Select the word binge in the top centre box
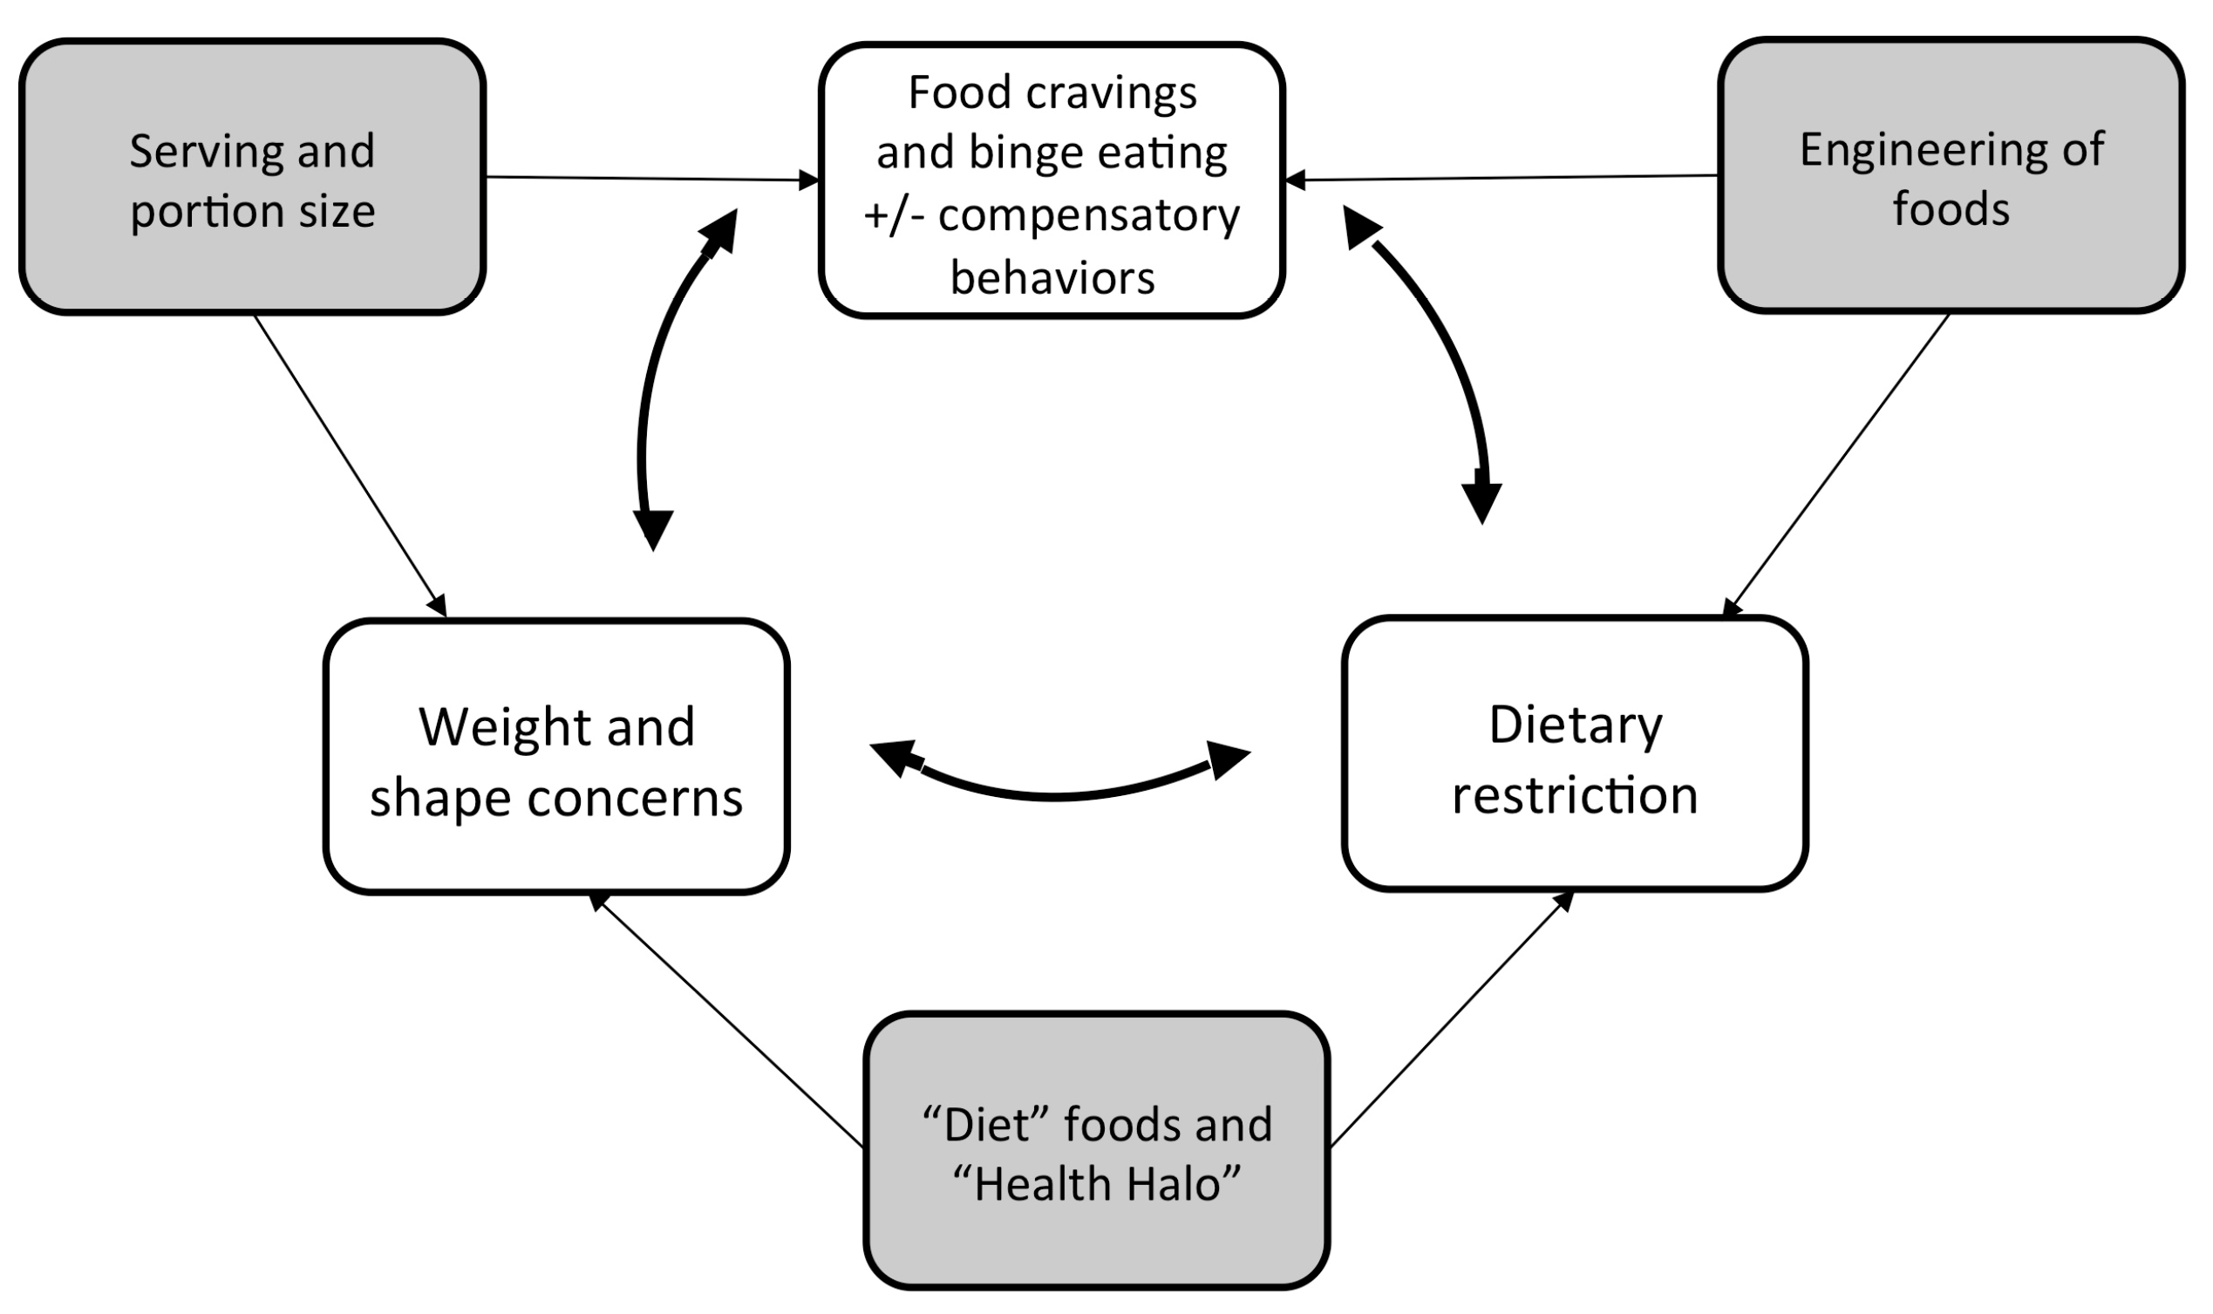(1027, 153)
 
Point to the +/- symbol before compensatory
(894, 215)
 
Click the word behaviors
(1052, 278)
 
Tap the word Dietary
(1576, 725)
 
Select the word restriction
(1575, 795)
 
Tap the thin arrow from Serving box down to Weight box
(350, 465)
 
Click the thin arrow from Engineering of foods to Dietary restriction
(1837, 465)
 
